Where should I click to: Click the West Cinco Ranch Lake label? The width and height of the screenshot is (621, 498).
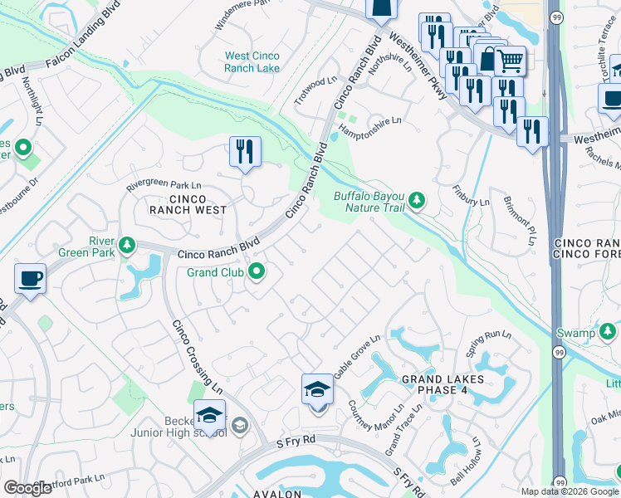252,62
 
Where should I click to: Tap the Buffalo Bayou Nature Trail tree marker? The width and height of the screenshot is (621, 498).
417,200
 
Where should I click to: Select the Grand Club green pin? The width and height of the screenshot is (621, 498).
257,271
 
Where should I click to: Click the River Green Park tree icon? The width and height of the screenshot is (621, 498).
126,245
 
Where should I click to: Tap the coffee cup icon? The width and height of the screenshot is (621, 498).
30,278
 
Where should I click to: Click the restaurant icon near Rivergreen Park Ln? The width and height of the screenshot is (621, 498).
245,151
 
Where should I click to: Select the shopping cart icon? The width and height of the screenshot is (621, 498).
510,60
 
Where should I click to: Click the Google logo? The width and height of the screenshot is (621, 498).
27,488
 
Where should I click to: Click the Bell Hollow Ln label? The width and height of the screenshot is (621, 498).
467,464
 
